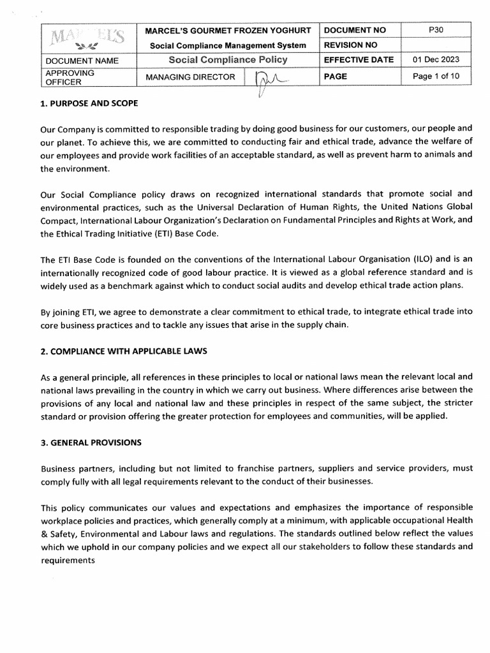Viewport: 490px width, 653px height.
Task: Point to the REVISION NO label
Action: tap(352, 45)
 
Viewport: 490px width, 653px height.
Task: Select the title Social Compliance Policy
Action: tap(228, 60)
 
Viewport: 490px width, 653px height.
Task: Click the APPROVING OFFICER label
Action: tap(70, 77)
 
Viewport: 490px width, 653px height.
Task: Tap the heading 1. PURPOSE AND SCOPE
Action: tap(89, 103)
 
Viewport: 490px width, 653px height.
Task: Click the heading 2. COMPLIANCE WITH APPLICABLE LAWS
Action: tap(124, 351)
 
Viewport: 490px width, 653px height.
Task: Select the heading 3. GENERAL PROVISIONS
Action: tap(91, 442)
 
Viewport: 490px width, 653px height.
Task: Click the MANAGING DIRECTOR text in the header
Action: tap(190, 77)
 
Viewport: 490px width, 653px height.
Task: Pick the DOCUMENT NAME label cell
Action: tap(81, 61)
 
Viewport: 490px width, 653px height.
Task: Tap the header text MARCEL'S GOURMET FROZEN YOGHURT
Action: tap(228, 31)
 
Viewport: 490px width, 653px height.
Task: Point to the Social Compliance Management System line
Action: tap(228, 45)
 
